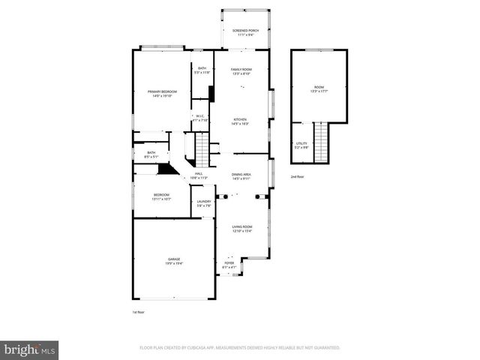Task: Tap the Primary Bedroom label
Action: click(162, 91)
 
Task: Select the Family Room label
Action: click(240, 69)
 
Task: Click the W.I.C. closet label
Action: click(200, 115)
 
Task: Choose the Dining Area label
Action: click(241, 174)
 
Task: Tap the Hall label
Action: click(199, 174)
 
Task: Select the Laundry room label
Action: click(203, 201)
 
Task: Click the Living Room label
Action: click(241, 226)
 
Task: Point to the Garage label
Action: click(174, 259)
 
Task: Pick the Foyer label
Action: click(229, 263)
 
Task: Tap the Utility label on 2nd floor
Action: click(301, 143)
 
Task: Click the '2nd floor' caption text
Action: click(298, 176)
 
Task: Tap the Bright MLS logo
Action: click(30, 349)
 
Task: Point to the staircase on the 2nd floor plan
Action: click(322, 142)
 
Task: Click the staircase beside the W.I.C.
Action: click(202, 149)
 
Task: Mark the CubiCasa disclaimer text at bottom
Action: click(239, 348)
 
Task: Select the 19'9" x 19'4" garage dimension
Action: click(174, 263)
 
